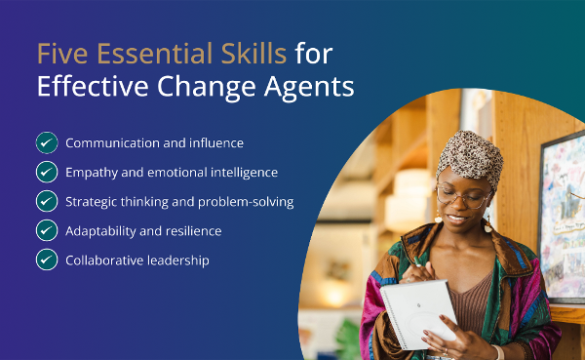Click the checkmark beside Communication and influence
coord(47,142)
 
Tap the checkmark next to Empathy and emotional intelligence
coord(47,172)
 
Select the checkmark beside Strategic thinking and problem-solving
coord(47,201)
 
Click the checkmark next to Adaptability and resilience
coord(47,230)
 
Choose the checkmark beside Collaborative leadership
coord(47,260)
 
